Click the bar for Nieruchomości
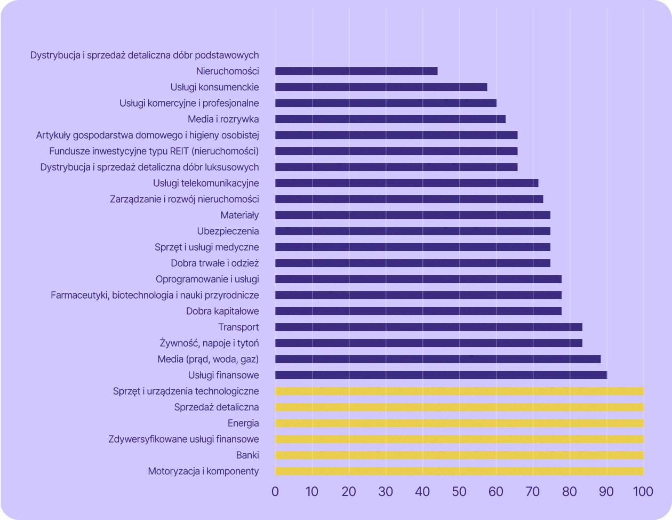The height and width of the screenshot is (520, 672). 356,71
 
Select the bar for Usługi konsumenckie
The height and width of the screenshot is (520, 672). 381,87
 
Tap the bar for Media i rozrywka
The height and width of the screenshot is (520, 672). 390,119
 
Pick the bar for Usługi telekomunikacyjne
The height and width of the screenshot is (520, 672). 406,183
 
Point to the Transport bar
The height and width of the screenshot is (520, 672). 428,327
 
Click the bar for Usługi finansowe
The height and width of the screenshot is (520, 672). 441,375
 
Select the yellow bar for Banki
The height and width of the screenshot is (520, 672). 459,455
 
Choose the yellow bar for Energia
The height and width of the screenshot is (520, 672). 459,423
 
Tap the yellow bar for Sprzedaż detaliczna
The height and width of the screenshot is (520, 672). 459,407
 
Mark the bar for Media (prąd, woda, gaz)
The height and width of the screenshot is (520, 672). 437,359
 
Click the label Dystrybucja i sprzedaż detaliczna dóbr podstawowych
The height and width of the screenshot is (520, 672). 145,55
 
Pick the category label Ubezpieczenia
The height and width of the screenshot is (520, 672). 228,231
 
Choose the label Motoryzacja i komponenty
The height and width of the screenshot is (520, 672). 203,471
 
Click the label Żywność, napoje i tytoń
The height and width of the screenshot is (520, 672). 209,343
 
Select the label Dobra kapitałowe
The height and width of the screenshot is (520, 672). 222,311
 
